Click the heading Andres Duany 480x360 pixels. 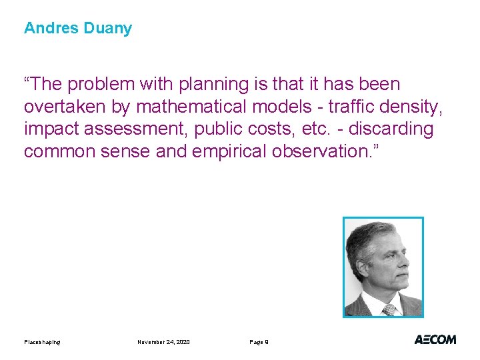[78, 29]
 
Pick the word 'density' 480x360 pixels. [415, 107]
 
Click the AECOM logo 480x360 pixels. [435, 339]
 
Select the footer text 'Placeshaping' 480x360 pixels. [42, 342]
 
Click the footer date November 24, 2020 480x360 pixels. [163, 342]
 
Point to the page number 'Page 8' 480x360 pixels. [259, 342]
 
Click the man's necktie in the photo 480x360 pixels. [389, 310]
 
